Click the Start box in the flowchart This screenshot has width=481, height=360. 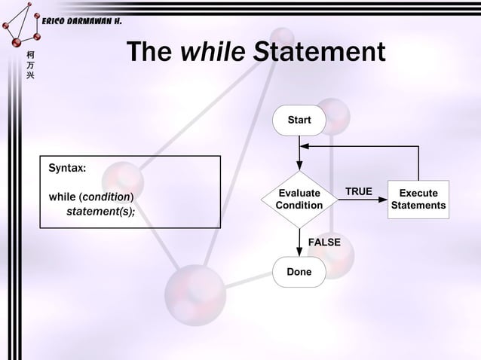[299, 121]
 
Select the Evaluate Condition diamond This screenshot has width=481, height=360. [299, 199]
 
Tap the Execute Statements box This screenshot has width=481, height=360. [418, 200]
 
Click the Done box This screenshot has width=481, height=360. [299, 272]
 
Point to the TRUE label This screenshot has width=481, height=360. [358, 191]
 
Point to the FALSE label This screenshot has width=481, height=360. [325, 242]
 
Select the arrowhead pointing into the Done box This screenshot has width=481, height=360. [299, 252]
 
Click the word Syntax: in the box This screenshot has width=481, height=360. [67, 167]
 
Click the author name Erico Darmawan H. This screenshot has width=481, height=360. [79, 20]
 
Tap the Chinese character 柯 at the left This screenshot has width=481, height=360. [29, 55]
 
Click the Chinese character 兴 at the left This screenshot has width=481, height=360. [29, 79]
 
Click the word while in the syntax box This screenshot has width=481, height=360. [62, 197]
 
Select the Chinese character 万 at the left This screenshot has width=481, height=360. [29, 67]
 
